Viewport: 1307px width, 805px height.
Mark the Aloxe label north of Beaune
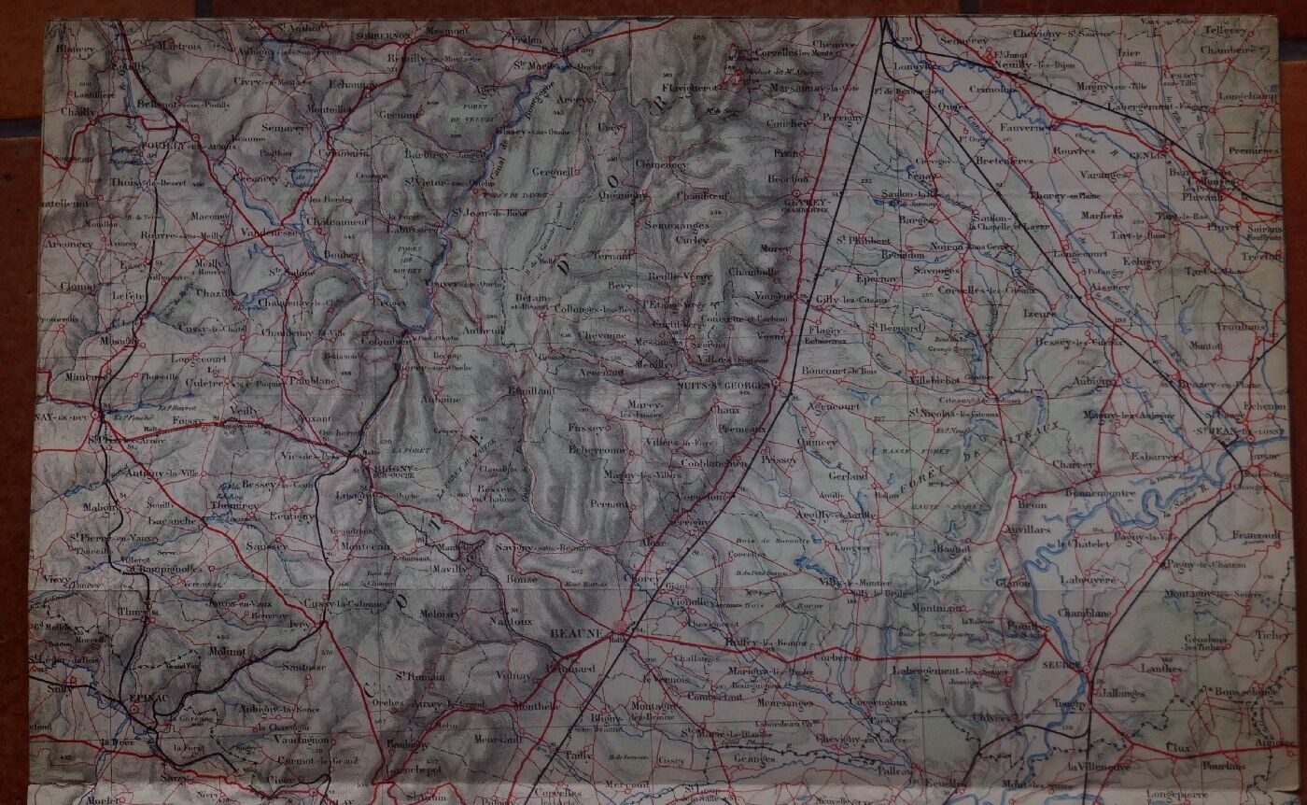(x=654, y=543)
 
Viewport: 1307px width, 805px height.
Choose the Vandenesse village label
(x=268, y=232)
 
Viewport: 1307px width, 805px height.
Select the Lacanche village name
(x=173, y=520)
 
